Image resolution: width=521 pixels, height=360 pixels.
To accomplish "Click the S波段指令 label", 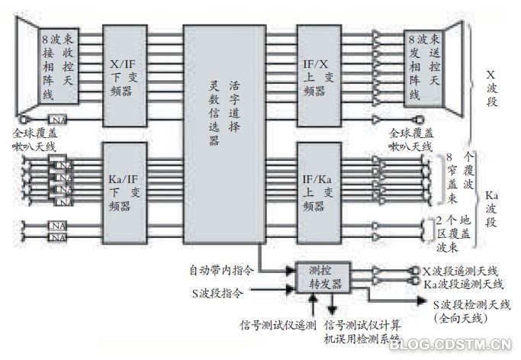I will (221, 290).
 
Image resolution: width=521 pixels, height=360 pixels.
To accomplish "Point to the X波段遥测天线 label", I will (459, 272).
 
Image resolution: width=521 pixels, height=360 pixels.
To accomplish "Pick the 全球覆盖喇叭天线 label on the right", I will (412, 140).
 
